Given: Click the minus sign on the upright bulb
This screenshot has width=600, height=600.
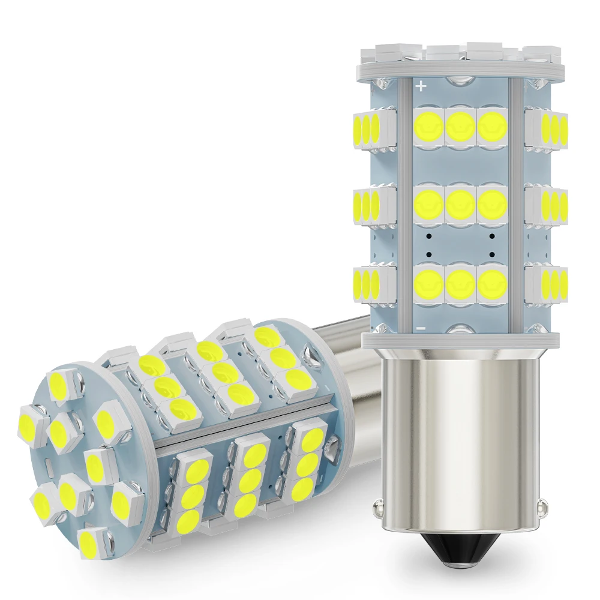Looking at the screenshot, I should pyautogui.click(x=421, y=328).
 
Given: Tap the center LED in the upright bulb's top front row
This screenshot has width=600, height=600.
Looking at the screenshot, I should pyautogui.click(x=460, y=124).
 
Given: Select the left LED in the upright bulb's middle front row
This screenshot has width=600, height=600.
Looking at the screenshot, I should pyautogui.click(x=429, y=205).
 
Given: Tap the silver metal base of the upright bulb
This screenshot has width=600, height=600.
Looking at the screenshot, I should pyautogui.click(x=460, y=432).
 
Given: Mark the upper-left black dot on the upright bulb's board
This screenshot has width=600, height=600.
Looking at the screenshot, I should pyautogui.click(x=428, y=236).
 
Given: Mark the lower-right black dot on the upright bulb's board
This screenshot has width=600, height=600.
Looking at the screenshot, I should pyautogui.click(x=492, y=253).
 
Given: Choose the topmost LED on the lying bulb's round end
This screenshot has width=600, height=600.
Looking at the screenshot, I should pyautogui.click(x=59, y=382).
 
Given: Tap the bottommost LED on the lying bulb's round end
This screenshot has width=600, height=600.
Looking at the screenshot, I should pyautogui.click(x=96, y=541).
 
